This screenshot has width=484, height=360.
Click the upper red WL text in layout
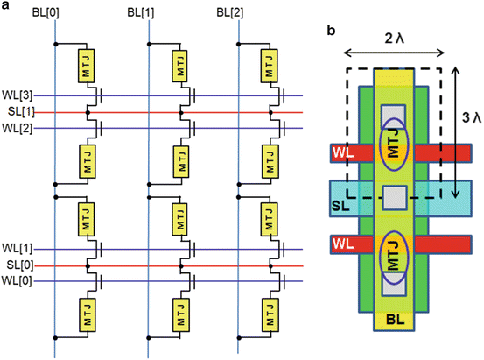(340, 154)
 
